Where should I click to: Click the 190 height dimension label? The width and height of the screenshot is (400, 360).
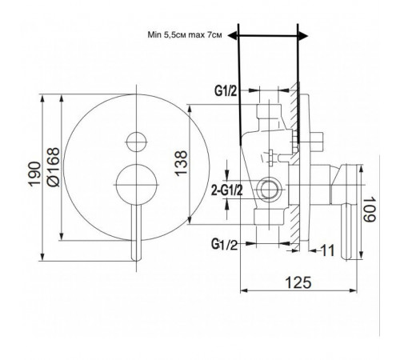coord(34,174)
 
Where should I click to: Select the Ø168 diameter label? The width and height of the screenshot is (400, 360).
coord(53,167)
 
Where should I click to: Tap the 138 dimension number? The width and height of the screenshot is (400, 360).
coord(182,163)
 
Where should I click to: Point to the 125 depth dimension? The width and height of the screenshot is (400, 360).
coord(298,282)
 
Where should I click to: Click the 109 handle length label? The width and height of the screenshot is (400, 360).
coord(370,209)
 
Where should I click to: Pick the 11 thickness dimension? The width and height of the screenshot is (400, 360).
coord(327,250)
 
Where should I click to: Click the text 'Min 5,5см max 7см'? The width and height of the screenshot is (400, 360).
coord(185,35)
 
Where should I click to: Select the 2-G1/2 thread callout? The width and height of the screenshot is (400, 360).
coord(227,190)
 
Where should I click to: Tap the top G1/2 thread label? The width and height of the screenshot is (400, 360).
coord(226,91)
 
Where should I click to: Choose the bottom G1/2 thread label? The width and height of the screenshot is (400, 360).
coord(224,244)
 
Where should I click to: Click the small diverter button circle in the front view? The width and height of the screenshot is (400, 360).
coord(137,142)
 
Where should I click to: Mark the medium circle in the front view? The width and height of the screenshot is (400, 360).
coord(137,185)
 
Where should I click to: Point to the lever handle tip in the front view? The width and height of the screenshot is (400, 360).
coord(137,259)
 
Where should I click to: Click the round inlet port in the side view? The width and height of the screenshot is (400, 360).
coord(269,190)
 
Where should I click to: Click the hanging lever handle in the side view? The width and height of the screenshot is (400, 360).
coord(346,231)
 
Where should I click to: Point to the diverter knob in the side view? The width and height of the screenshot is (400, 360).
coord(317,142)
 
